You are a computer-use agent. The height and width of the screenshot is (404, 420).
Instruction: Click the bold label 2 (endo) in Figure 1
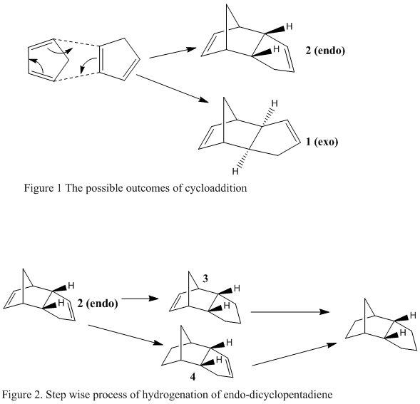tap(325, 51)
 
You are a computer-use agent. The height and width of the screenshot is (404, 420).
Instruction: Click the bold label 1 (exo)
tap(322, 141)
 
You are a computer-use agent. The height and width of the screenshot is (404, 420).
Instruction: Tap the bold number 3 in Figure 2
tap(205, 279)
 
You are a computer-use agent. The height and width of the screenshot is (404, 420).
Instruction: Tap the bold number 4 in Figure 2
tap(193, 377)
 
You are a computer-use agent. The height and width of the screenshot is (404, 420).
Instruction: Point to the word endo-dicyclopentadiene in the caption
tap(277, 395)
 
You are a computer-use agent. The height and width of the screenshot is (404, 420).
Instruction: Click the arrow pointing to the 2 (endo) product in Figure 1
tap(173, 53)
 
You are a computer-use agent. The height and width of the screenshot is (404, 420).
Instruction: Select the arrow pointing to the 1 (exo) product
tap(173, 88)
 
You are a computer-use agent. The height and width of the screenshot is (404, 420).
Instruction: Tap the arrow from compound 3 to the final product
tap(290, 311)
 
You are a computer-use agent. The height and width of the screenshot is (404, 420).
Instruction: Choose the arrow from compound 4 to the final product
tap(294, 354)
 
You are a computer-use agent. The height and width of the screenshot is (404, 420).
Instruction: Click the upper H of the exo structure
tap(275, 103)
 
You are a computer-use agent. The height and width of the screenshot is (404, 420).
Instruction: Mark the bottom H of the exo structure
tap(235, 171)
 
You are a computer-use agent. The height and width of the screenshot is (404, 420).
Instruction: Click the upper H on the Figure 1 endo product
tap(290, 26)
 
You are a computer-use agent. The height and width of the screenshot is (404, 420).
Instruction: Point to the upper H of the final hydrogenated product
tap(413, 316)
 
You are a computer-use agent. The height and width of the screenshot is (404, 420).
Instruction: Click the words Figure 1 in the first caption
tap(43, 188)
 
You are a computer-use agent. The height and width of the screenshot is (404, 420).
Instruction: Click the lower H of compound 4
tap(219, 360)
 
